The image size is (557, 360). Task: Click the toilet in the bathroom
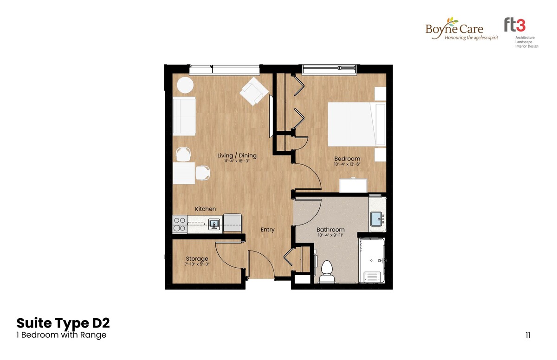[x=327, y=271]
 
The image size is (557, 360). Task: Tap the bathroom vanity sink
[x=377, y=219]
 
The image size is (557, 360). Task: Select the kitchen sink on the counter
[x=214, y=224]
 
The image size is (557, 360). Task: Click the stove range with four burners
[x=180, y=224]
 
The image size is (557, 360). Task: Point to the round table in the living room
[x=185, y=85]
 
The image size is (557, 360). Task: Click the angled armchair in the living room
[x=254, y=91]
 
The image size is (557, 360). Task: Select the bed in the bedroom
[x=357, y=124]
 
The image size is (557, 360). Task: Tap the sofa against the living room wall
[x=184, y=116]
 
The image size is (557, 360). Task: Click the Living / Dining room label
[x=237, y=155]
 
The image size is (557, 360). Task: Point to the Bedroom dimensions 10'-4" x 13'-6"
[x=347, y=164]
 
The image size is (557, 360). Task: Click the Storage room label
[x=197, y=259]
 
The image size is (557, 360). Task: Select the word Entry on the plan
[x=267, y=230]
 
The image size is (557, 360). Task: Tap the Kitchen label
[x=205, y=209]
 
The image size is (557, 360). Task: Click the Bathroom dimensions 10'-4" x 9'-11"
[x=330, y=235]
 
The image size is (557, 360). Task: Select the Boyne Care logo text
[x=454, y=29]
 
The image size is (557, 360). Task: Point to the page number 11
[x=528, y=335]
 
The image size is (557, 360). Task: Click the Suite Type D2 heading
[x=63, y=323]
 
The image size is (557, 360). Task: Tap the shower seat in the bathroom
[x=372, y=276]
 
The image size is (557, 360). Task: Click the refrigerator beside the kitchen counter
[x=233, y=223]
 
